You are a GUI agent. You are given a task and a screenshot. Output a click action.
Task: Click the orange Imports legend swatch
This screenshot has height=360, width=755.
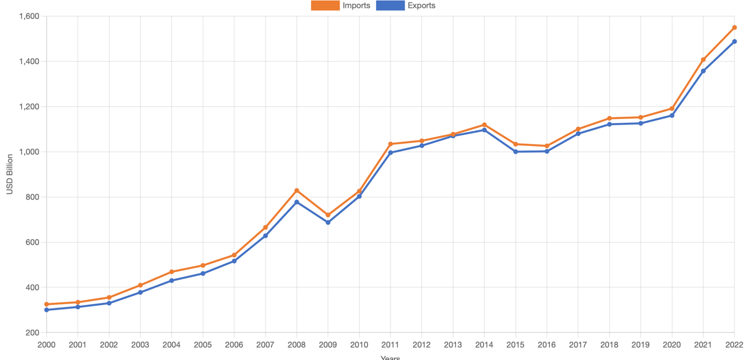(x=325, y=6)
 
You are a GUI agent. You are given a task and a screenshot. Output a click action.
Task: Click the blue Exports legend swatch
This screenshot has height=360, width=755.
(x=390, y=6)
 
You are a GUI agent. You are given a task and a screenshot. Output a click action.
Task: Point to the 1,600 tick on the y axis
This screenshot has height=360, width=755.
(x=29, y=16)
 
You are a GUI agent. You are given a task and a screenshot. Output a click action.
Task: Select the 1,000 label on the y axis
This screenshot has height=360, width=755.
(x=29, y=152)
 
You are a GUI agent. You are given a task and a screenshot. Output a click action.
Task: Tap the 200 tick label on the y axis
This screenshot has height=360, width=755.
(x=32, y=333)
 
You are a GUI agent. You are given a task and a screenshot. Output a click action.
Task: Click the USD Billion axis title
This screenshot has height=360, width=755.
(x=10, y=174)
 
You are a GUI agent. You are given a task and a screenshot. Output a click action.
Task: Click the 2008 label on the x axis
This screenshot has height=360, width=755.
(x=297, y=345)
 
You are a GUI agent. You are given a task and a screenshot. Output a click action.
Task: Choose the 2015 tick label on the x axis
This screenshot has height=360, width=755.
(x=515, y=345)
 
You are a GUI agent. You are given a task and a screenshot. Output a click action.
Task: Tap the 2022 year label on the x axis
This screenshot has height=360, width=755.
(x=734, y=345)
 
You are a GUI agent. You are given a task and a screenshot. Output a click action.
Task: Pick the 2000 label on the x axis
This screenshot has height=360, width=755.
(x=46, y=345)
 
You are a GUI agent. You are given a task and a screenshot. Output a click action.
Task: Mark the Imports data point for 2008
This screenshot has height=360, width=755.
(x=297, y=191)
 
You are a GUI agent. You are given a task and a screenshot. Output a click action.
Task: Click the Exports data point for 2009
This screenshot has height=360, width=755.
(x=328, y=222)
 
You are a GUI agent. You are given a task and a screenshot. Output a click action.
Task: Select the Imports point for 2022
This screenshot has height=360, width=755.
(x=734, y=27)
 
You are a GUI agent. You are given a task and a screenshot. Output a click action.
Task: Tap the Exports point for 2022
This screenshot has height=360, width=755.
(x=734, y=41)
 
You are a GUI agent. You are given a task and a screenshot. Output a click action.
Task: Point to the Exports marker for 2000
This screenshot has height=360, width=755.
(x=46, y=310)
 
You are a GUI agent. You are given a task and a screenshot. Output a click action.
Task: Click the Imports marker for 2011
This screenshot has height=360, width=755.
(x=391, y=144)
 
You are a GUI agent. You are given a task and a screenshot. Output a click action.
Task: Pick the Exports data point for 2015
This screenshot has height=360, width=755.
(x=515, y=151)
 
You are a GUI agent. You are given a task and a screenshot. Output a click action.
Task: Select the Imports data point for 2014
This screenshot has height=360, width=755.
(x=484, y=125)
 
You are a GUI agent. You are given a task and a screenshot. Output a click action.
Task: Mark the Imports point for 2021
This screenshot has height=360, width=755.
(x=703, y=60)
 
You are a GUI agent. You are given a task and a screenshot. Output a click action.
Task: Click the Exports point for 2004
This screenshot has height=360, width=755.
(x=172, y=281)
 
